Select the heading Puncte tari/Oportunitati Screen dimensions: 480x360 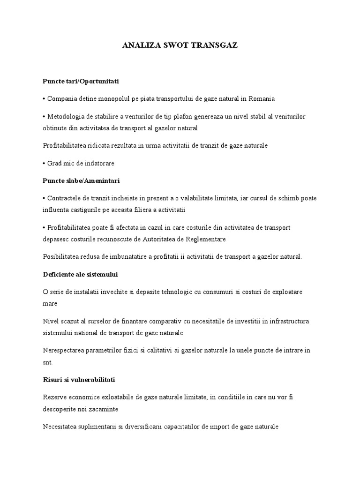tap(81, 81)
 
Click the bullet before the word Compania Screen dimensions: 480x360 tap(44, 99)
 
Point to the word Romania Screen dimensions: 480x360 tap(262, 99)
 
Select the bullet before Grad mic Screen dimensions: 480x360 tap(44, 163)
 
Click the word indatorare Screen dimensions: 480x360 tap(98, 163)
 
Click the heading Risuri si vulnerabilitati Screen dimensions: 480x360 tap(79, 379)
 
